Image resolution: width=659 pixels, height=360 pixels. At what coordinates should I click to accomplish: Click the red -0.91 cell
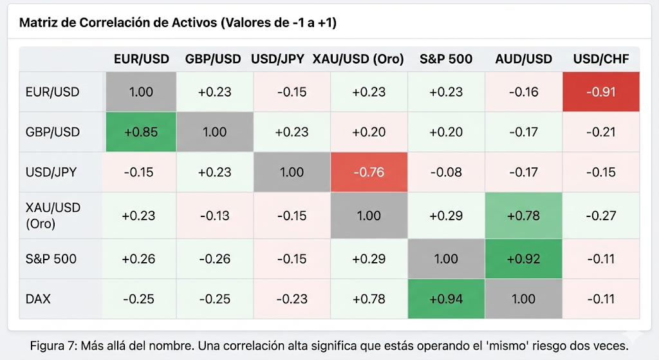pyautogui.click(x=600, y=91)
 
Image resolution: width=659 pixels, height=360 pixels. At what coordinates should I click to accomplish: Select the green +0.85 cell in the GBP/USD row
pyautogui.click(x=141, y=132)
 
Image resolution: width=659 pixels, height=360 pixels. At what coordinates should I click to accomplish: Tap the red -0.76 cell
pyautogui.click(x=369, y=172)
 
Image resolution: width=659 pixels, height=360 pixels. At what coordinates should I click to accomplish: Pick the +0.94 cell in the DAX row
pyautogui.click(x=446, y=299)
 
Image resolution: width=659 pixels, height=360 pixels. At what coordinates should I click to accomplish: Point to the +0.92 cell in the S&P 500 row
pyautogui.click(x=523, y=259)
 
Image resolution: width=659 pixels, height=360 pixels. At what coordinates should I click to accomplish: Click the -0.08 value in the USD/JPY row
pyautogui.click(x=446, y=172)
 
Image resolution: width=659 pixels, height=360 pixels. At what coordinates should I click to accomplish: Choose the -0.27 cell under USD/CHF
pyautogui.click(x=600, y=215)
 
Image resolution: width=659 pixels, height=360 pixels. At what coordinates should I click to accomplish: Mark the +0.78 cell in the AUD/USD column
pyautogui.click(x=523, y=215)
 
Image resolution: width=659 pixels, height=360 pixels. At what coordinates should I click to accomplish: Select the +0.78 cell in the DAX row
pyautogui.click(x=369, y=299)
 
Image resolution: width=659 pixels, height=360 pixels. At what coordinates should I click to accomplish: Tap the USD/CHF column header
pyautogui.click(x=600, y=59)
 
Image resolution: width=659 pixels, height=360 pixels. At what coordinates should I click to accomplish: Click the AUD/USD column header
pyautogui.click(x=523, y=59)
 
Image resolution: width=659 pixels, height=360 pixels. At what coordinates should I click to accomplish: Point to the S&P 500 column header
pyautogui.click(x=446, y=59)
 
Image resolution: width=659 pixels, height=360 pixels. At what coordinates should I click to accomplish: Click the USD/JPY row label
pyautogui.click(x=51, y=172)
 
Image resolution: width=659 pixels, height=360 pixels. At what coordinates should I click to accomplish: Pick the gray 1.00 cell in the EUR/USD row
pyautogui.click(x=141, y=91)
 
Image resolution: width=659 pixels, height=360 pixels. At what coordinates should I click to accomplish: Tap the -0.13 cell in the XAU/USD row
pyautogui.click(x=214, y=215)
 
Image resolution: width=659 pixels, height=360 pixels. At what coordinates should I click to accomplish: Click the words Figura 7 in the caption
pyautogui.click(x=53, y=346)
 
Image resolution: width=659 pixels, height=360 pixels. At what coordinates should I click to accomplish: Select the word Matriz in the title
pyautogui.click(x=37, y=23)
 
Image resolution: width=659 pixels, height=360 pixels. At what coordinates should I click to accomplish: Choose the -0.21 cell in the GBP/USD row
pyautogui.click(x=600, y=132)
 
